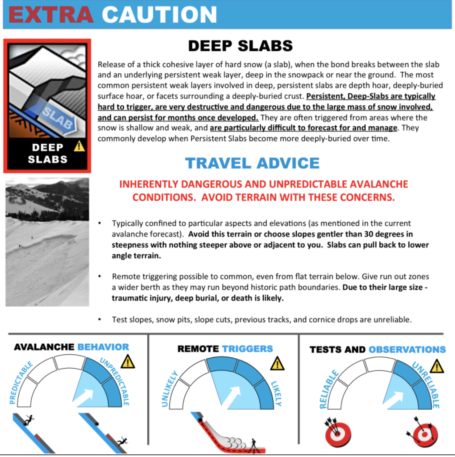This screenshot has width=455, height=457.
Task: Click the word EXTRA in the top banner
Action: pos(51,15)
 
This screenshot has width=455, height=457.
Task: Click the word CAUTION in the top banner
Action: pos(159,15)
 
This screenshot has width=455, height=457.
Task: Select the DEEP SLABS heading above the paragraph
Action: pos(240,46)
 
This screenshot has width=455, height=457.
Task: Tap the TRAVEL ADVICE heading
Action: pos(252,163)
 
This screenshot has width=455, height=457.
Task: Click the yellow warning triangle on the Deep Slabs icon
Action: pos(79,146)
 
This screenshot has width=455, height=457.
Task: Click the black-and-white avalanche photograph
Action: pos(47,242)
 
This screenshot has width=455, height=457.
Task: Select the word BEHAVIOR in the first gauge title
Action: pos(103,347)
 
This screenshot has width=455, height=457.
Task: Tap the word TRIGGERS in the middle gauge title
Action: pos(247,349)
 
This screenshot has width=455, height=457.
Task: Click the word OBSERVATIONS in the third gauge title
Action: pos(407,350)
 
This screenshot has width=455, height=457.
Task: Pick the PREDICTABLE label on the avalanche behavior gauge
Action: pos(21,382)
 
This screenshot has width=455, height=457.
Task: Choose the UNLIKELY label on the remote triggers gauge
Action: pos(169,388)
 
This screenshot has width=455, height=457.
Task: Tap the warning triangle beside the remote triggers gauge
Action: pos(277,364)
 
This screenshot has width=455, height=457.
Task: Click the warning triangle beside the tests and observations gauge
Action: pos(437,366)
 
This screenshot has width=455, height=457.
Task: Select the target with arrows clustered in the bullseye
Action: pos(338,433)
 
